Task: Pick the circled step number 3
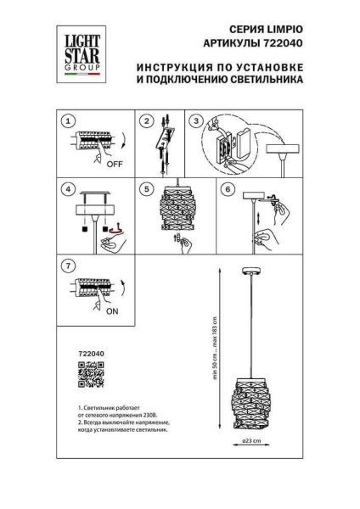(197, 121)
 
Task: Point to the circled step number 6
(228, 189)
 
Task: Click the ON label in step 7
(111, 310)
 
